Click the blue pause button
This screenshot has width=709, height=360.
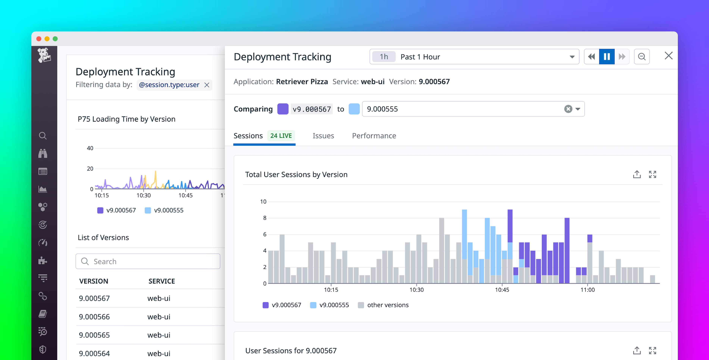tap(607, 57)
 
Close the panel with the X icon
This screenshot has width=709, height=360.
tap(668, 56)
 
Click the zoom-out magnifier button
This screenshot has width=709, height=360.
tap(642, 57)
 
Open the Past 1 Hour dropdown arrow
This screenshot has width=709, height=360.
tap(572, 57)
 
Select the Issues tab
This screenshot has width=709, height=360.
tap(323, 136)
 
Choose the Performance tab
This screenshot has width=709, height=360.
tap(374, 136)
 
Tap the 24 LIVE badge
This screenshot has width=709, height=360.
tap(281, 136)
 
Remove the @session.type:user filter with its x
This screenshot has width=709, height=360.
tap(207, 85)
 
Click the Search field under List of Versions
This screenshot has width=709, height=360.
tap(148, 261)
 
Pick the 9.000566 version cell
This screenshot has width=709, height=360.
tap(94, 317)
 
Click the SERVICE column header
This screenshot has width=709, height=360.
tap(162, 281)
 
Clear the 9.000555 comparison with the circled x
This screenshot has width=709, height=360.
tap(568, 109)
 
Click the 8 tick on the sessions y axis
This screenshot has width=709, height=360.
tap(265, 218)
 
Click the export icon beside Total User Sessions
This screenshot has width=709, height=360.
tap(637, 174)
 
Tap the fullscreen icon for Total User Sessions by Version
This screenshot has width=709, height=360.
tap(652, 174)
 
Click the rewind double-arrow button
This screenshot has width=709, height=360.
tap(591, 57)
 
